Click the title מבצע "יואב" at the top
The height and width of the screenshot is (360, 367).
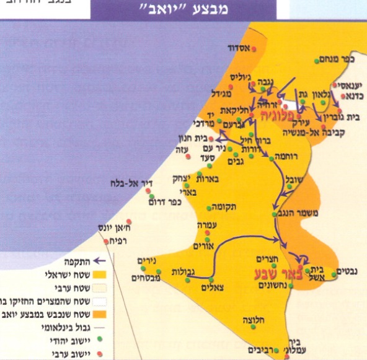tap(185, 9)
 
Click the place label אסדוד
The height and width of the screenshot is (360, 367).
tap(237, 46)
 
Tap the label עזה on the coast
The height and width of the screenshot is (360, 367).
tap(187, 149)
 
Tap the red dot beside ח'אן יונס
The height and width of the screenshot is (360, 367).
tap(128, 221)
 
